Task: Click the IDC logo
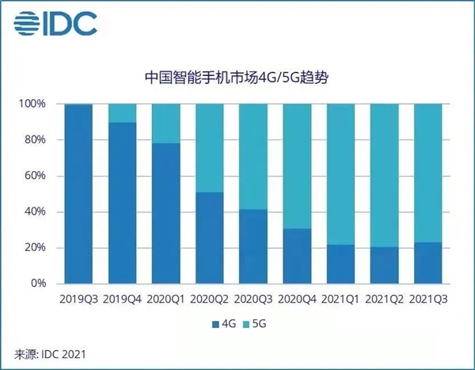pos(58,23)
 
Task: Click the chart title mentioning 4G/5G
pos(237,78)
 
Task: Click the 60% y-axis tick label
pos(36,176)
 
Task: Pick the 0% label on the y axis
pos(39,284)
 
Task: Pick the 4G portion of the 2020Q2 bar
pos(208,238)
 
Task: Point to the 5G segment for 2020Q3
pos(252,157)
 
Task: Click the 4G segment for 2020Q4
pos(296,256)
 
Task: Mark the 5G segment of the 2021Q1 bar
pos(340,174)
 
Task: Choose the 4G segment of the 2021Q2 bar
pos(384,265)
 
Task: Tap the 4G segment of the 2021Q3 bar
pos(427,263)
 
